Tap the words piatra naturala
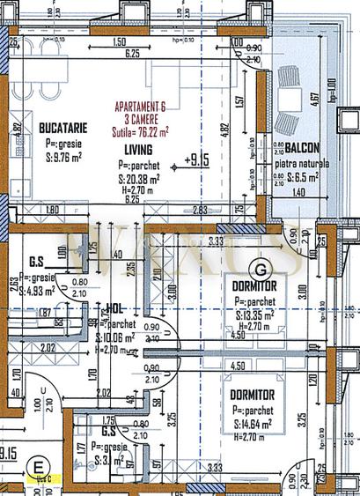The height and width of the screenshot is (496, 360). (x=302, y=164)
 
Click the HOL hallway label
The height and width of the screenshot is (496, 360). (x=114, y=309)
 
